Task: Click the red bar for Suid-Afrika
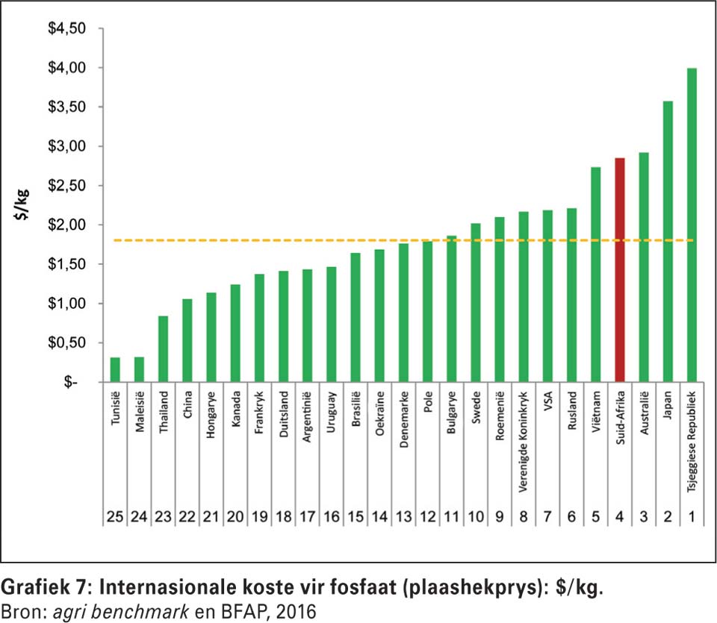619,269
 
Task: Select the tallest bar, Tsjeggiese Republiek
692,225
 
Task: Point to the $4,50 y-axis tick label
67,28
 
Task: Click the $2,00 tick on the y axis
67,225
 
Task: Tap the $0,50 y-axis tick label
67,342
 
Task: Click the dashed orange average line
299,240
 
